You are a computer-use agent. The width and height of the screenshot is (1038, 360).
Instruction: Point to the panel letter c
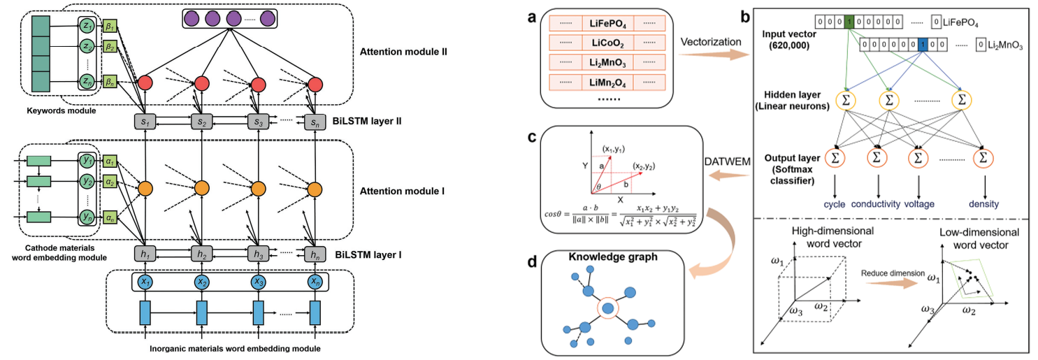pos(533,138)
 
